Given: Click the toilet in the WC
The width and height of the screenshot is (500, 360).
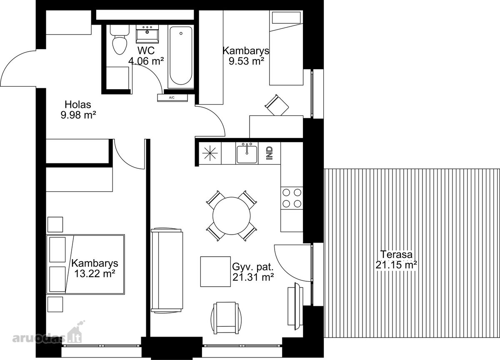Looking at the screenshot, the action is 120,40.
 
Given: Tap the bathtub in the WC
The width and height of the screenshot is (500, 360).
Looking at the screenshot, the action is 181,56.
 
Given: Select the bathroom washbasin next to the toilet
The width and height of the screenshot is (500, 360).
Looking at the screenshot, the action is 147,34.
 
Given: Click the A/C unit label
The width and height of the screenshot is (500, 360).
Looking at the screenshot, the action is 172,97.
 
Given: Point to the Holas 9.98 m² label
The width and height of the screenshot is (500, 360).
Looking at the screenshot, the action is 78,110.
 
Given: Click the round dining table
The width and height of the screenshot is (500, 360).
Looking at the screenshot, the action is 232,215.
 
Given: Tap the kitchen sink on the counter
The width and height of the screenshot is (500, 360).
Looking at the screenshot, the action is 247,153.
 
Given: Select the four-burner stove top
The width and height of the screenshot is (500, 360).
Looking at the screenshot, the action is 292,198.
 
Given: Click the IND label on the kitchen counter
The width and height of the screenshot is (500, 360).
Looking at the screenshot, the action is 270,153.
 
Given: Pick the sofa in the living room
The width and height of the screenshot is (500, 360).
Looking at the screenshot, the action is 167,270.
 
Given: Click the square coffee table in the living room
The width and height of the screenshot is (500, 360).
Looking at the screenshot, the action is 215,271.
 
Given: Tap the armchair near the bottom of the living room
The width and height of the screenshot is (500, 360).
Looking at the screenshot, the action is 226,318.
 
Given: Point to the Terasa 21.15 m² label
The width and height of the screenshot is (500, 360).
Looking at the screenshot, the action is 396,260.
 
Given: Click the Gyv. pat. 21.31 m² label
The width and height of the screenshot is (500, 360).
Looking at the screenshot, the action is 253,272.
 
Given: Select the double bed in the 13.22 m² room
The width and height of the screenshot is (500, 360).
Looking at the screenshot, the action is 85,264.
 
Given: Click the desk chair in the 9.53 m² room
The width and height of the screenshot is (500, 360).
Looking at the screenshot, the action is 277,105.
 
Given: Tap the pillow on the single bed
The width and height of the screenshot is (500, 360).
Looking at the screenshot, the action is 286,17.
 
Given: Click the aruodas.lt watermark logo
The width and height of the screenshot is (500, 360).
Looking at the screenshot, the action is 47,333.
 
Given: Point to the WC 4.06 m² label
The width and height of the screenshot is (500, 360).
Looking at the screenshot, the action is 146,56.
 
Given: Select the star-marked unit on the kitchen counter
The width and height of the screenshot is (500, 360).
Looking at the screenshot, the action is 210,153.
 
